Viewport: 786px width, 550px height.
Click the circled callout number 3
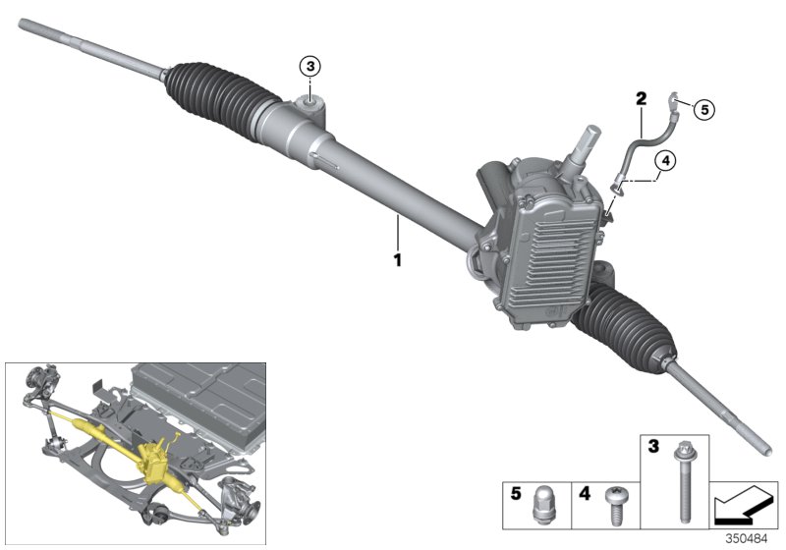pos(310,66)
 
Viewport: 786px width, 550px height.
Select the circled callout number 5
pos(703,108)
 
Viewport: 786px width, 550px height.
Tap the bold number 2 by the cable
pos(641,99)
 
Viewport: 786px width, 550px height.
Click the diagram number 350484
pos(751,538)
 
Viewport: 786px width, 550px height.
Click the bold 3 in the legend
pos(651,447)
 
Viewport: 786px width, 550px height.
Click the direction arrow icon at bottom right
pos(743,503)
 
